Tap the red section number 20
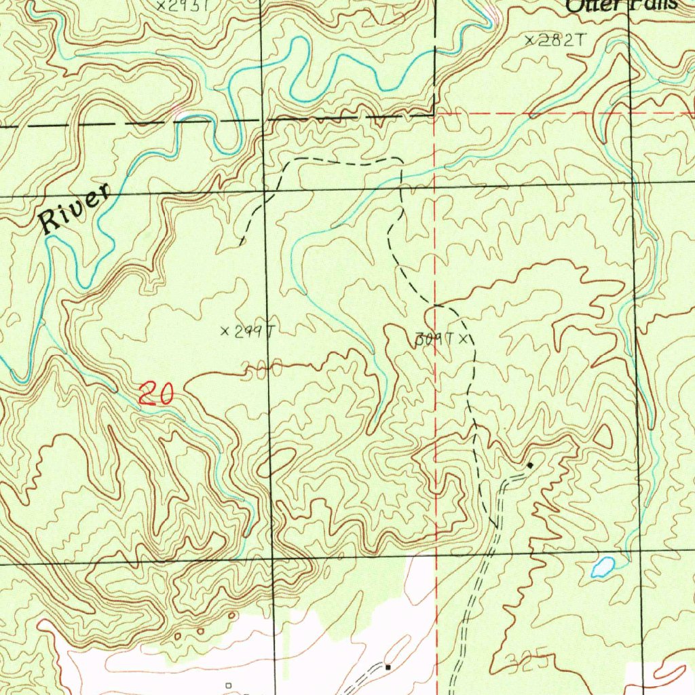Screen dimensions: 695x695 coord(156,394)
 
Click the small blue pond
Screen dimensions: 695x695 coord(602,566)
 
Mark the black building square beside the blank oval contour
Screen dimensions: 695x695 coord(388,667)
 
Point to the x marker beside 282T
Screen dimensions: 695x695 coord(530,41)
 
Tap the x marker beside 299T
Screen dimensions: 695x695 coord(225,331)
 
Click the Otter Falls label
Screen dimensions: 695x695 coord(621,5)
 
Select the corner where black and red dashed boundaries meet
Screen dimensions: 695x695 coord(434,115)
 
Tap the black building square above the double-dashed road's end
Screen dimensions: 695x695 coord(529,465)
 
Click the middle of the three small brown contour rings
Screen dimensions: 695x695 coord(188,634)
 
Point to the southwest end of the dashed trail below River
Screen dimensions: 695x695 coord(242,242)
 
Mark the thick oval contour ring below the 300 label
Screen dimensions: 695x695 coord(280,462)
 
